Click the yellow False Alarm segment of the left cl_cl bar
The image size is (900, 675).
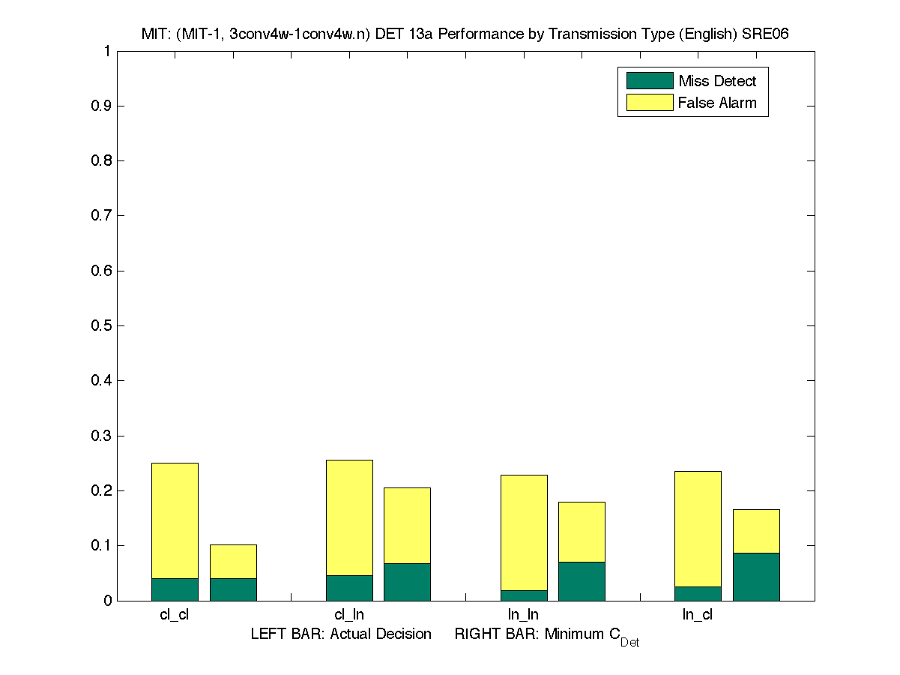pyautogui.click(x=175, y=520)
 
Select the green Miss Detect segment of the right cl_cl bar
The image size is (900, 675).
pyautogui.click(x=233, y=589)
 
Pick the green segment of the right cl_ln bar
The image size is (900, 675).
pyautogui.click(x=407, y=582)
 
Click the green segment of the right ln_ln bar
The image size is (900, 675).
pyautogui.click(x=582, y=581)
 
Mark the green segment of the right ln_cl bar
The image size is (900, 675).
pyautogui.click(x=756, y=577)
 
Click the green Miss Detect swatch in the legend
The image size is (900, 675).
pyautogui.click(x=649, y=81)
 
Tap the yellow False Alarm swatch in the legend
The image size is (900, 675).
pyautogui.click(x=649, y=103)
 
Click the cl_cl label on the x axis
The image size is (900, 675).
pyautogui.click(x=175, y=615)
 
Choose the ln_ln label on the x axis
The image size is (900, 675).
pyautogui.click(x=523, y=615)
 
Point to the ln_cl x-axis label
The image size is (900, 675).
pyautogui.click(x=698, y=615)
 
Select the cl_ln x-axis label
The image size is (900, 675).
pyautogui.click(x=349, y=615)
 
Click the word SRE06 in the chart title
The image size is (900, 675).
pyautogui.click(x=764, y=34)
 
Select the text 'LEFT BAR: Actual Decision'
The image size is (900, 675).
pyautogui.click(x=341, y=634)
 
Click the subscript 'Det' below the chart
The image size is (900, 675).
pyautogui.click(x=629, y=643)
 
